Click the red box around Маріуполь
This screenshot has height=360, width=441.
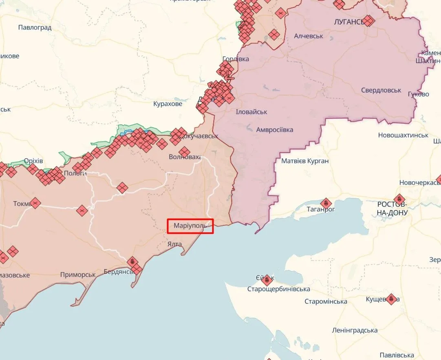click(190, 226)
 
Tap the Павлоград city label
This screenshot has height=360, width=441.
click(35, 28)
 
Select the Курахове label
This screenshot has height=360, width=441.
click(168, 104)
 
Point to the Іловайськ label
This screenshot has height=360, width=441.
click(251, 112)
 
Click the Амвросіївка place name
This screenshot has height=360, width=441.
click(274, 130)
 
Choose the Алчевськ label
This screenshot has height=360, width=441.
click(309, 36)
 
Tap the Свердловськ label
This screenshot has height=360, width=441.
click(381, 90)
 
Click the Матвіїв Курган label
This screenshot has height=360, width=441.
click(305, 161)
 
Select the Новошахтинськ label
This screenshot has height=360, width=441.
click(403, 135)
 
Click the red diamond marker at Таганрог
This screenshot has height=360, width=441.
click(326, 203)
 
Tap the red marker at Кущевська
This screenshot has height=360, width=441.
click(391, 299)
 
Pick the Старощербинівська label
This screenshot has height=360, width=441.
click(278, 289)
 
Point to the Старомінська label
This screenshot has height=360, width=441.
click(326, 301)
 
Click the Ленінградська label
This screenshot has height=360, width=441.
click(355, 330)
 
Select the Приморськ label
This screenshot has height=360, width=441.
click(78, 274)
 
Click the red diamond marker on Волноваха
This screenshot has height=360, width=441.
click(184, 152)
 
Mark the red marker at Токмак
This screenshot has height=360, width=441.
click(35, 203)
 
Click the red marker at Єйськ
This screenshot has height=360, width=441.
click(267, 280)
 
